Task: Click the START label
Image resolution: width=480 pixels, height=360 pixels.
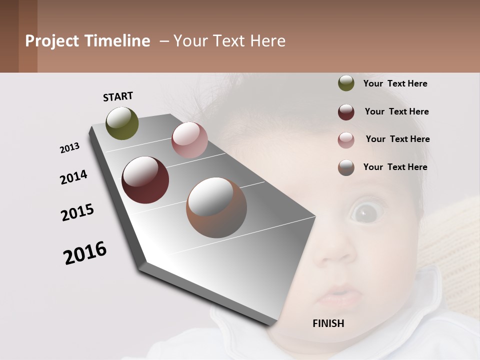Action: tap(118, 96)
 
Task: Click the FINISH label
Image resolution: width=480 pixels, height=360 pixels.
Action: tap(328, 323)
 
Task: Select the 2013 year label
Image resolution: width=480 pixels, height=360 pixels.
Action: tap(69, 148)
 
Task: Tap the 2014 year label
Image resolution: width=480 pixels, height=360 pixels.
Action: tap(73, 177)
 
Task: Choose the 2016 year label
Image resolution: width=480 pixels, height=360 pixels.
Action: tap(85, 252)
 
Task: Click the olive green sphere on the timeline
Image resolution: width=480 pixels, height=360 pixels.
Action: tap(122, 123)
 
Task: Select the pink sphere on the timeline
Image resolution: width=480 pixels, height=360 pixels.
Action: tap(189, 140)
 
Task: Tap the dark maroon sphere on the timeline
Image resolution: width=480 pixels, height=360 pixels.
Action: tap(145, 180)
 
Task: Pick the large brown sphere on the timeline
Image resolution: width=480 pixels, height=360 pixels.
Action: tap(216, 207)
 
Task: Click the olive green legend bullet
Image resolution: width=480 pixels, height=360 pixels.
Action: tap(346, 83)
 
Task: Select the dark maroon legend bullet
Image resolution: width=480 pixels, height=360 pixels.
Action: tap(346, 112)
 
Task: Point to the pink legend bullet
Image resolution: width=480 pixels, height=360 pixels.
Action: tap(346, 140)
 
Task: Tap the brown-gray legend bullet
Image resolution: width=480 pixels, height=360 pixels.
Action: tap(346, 167)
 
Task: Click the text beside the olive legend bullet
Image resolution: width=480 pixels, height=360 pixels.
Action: tap(395, 83)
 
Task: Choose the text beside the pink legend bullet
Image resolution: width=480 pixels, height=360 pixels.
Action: tap(397, 139)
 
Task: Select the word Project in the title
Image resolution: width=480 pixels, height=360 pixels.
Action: tap(52, 41)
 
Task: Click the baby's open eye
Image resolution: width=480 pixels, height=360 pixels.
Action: tap(366, 212)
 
